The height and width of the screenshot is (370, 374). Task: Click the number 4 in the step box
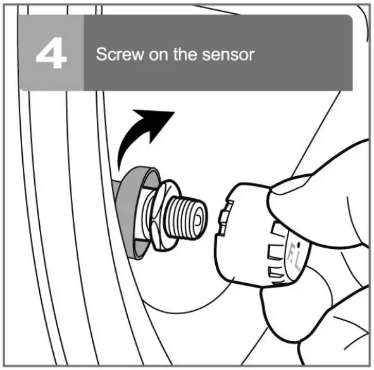(x=51, y=54)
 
